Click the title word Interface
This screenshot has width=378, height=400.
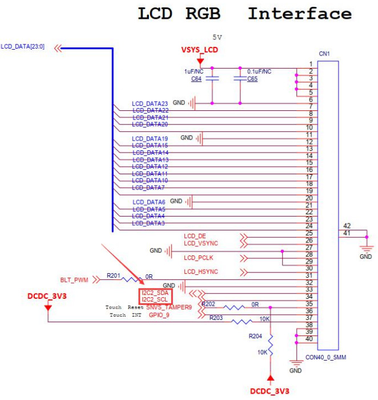tap(299, 14)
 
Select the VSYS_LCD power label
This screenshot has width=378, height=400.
tap(200, 50)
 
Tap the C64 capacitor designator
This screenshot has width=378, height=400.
tap(196, 78)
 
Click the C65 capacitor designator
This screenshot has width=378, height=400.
tap(252, 79)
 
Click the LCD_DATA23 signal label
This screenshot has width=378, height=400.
tap(150, 103)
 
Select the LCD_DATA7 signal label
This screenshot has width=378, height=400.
tap(148, 187)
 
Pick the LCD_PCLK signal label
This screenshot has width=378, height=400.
tap(198, 258)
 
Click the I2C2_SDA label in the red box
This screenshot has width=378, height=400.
tap(155, 293)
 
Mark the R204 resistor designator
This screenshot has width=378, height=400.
tap(256, 337)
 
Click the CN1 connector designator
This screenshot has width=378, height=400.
tap(324, 54)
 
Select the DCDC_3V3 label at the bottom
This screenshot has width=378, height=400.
tap(271, 391)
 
